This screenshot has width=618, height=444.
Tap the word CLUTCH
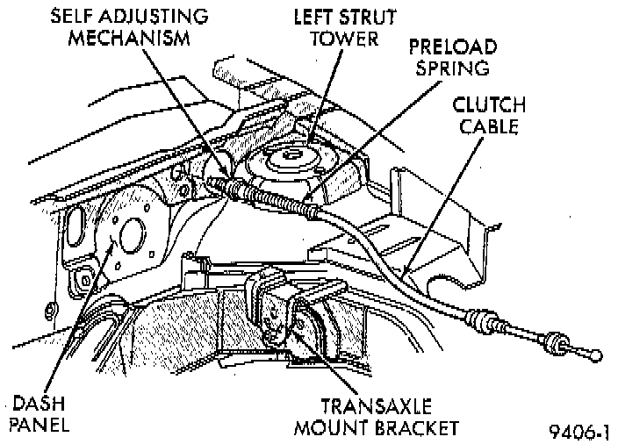tap(489, 105)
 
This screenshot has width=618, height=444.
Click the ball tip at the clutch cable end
tap(597, 355)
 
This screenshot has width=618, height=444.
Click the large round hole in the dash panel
tap(133, 234)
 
